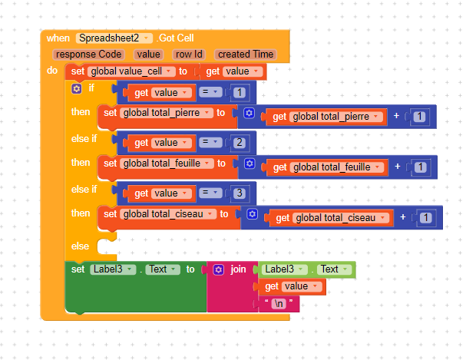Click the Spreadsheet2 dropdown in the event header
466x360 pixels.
point(114,38)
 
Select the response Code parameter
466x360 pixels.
point(88,54)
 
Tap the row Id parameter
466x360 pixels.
point(188,54)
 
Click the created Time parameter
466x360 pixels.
point(245,54)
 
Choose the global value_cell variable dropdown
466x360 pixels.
point(131,71)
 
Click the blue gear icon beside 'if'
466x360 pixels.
point(76,89)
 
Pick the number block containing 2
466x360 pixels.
point(240,143)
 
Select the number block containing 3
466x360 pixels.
point(240,192)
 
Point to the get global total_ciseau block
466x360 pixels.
point(332,218)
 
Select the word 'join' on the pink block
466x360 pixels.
point(238,269)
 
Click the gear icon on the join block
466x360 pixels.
point(219,269)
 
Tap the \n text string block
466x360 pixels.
point(278,305)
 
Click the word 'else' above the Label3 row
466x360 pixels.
point(80,246)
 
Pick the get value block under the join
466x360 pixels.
point(292,286)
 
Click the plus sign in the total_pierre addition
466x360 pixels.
point(396,117)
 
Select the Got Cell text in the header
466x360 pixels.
point(177,38)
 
